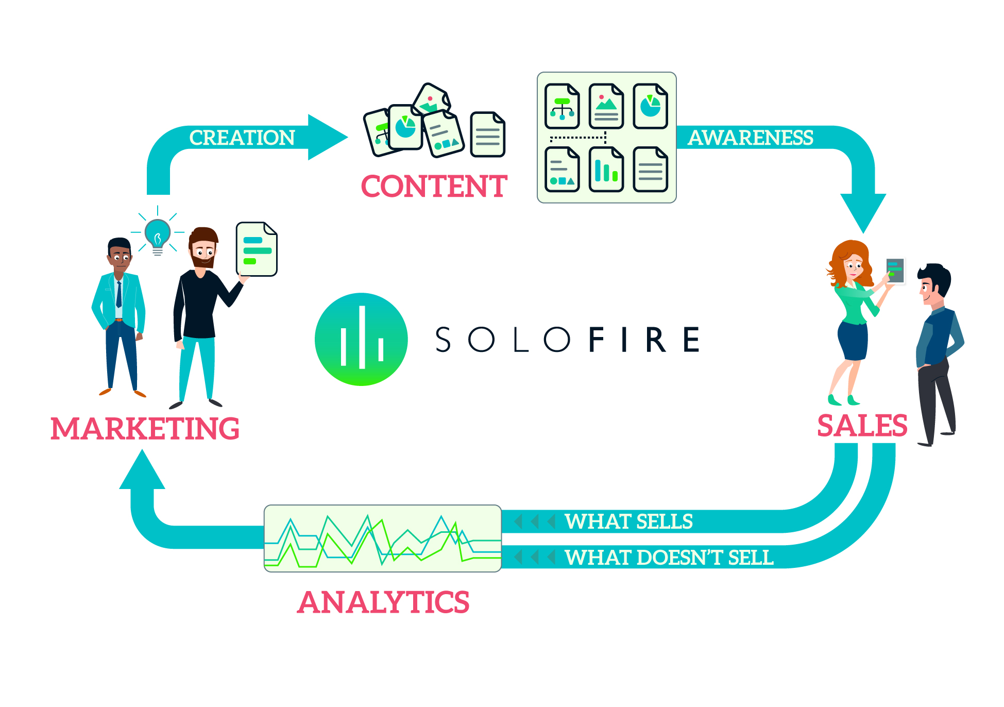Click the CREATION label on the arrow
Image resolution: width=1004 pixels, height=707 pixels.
tap(242, 138)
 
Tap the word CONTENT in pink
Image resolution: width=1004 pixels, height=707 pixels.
tap(434, 186)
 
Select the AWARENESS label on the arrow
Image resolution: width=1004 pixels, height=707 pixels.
tap(751, 138)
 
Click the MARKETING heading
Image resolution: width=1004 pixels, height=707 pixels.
tap(145, 428)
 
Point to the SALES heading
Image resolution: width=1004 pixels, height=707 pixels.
tap(862, 426)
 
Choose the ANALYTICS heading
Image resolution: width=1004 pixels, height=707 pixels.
tap(384, 602)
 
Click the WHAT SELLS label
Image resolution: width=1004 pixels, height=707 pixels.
tap(629, 521)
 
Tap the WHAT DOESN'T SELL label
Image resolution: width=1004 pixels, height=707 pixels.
tap(669, 558)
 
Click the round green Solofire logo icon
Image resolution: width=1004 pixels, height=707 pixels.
tap(361, 340)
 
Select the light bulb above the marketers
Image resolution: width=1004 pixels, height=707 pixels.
tap(158, 235)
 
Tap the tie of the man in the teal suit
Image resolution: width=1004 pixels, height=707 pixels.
tap(119, 294)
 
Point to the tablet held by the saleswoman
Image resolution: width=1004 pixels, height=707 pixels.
tap(895, 271)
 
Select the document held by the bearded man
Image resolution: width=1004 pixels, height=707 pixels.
tap(257, 249)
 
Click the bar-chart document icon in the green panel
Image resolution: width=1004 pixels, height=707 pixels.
tap(606, 170)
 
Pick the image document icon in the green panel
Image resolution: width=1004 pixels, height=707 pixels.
tap(606, 106)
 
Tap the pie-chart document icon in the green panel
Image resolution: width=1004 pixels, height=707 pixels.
tap(651, 106)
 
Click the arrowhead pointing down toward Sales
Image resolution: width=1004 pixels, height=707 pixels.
tap(863, 212)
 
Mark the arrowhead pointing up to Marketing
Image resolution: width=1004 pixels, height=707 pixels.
tap(142, 470)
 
